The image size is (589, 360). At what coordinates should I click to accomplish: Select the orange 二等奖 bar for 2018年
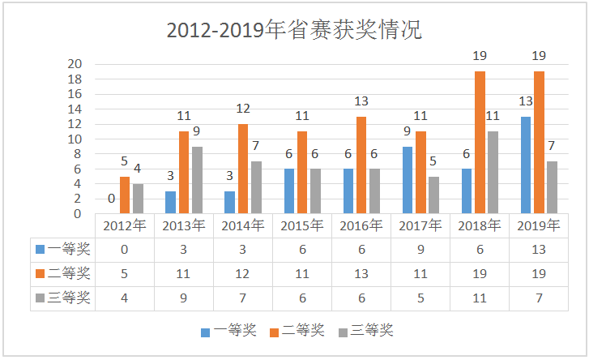480,143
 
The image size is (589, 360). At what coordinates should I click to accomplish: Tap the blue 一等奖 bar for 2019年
526,165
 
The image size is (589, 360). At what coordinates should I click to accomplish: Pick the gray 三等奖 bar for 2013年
197,180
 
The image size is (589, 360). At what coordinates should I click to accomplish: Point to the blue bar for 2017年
408,180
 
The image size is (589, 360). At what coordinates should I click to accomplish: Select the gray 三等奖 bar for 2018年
493,173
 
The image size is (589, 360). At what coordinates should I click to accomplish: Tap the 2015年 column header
301,225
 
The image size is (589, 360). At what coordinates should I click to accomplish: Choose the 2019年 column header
538,225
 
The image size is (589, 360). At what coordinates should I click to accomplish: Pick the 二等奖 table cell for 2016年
361,273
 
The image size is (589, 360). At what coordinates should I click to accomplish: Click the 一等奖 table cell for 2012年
124,249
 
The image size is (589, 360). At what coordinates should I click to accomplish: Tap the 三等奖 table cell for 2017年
420,298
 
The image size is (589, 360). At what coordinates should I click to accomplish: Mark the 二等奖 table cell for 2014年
242,273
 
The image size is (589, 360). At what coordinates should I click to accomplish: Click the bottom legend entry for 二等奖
298,330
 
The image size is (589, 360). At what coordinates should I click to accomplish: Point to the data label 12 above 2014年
243,109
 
